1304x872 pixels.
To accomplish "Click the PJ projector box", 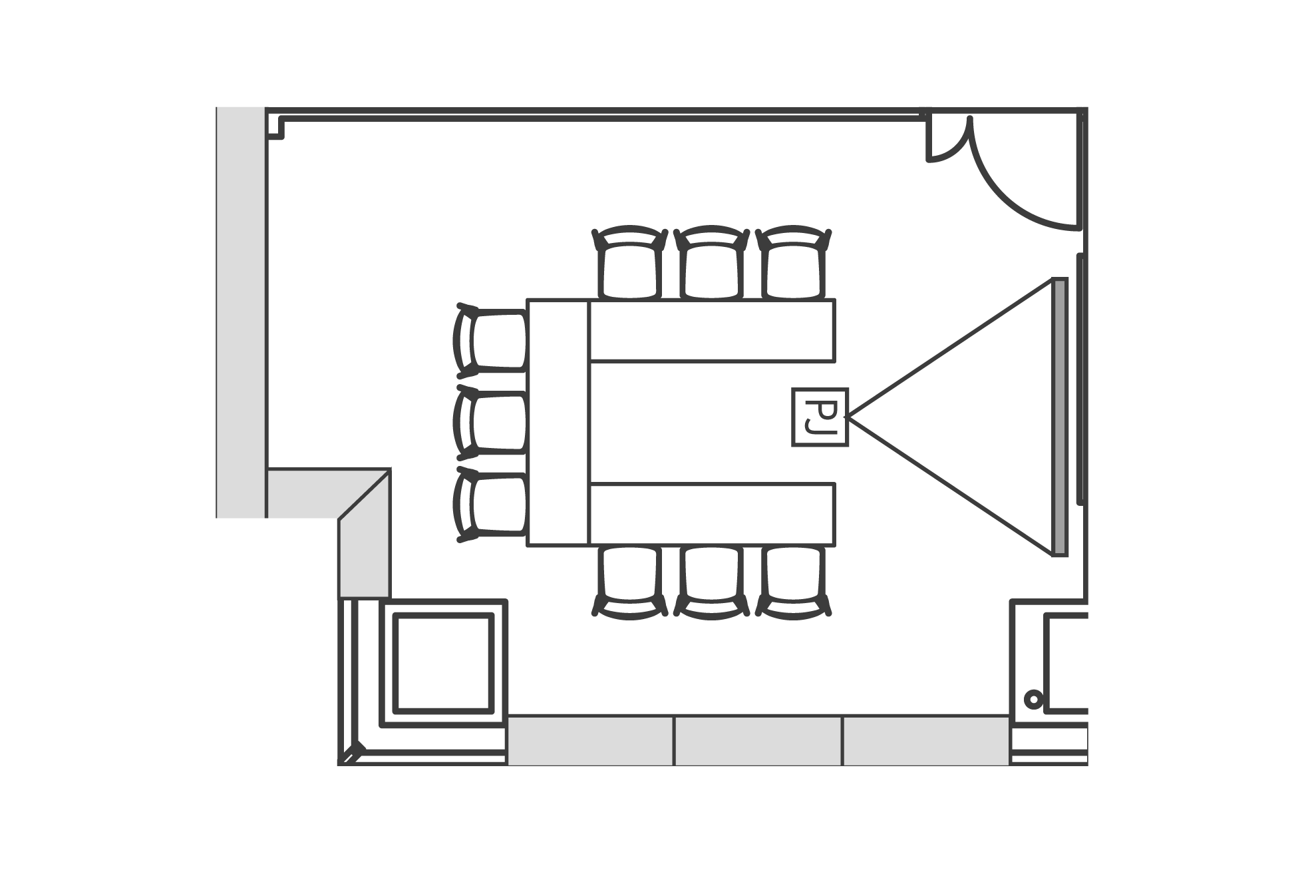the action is pos(820,417).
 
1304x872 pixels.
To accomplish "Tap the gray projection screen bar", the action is pos(1060,417).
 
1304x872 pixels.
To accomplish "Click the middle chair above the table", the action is pos(711,263).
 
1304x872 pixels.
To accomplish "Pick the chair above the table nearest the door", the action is pos(794,263).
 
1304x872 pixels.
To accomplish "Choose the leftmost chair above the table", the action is pos(629,263).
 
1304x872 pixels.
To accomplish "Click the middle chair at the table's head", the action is pos(490,423).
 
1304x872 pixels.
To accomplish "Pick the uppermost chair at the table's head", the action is pos(490,340).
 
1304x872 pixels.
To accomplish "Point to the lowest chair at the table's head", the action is pos(490,505).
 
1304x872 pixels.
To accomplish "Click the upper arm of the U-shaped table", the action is pos(712,331).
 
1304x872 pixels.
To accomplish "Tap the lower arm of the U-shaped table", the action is pos(712,515).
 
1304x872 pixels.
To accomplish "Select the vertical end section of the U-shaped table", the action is pos(558,423).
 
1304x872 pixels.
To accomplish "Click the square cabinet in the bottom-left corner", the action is pos(443,663).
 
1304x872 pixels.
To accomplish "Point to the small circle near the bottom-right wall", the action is pos(1033,700).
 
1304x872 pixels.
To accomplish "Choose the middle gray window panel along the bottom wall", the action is pos(758,741).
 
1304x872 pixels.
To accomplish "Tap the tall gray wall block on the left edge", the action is pos(241,312).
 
